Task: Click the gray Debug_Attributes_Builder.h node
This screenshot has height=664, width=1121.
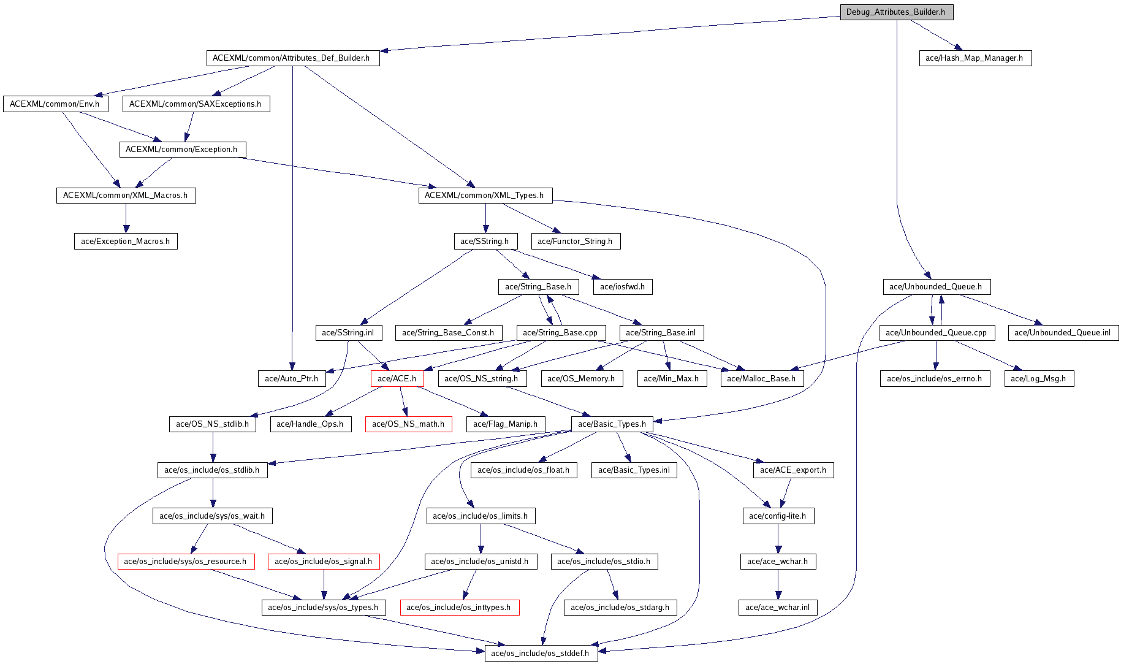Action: pyautogui.click(x=896, y=12)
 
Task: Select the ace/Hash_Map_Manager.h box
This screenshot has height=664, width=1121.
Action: pyautogui.click(x=975, y=58)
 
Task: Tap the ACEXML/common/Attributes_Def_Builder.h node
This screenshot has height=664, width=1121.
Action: pyautogui.click(x=292, y=58)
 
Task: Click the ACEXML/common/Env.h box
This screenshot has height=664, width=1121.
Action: pyautogui.click(x=55, y=104)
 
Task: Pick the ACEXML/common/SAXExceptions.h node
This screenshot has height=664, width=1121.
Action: pyautogui.click(x=196, y=104)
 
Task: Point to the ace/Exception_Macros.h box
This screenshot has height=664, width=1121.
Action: pyautogui.click(x=126, y=242)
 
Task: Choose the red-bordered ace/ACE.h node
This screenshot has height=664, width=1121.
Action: pyautogui.click(x=397, y=379)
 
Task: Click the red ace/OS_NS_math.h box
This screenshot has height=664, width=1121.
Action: pyautogui.click(x=408, y=424)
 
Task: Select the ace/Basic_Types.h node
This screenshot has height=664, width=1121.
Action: pyautogui.click(x=612, y=424)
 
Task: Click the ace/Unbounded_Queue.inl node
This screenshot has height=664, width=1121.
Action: pyautogui.click(x=1063, y=333)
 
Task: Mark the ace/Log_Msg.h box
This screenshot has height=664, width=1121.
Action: pyautogui.click(x=1038, y=379)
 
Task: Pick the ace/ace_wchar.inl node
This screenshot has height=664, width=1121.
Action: pyautogui.click(x=777, y=608)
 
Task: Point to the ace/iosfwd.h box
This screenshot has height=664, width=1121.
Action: pyautogui.click(x=622, y=287)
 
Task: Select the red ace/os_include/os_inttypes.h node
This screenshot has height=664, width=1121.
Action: pyautogui.click(x=459, y=608)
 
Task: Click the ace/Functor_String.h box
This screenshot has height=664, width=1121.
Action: pyautogui.click(x=575, y=242)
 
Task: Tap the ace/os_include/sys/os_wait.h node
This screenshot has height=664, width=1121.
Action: pyautogui.click(x=212, y=516)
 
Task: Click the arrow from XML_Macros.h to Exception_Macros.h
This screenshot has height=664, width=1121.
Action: pyautogui.click(x=126, y=218)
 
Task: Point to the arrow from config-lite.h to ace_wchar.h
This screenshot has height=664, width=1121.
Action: pyautogui.click(x=778, y=539)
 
